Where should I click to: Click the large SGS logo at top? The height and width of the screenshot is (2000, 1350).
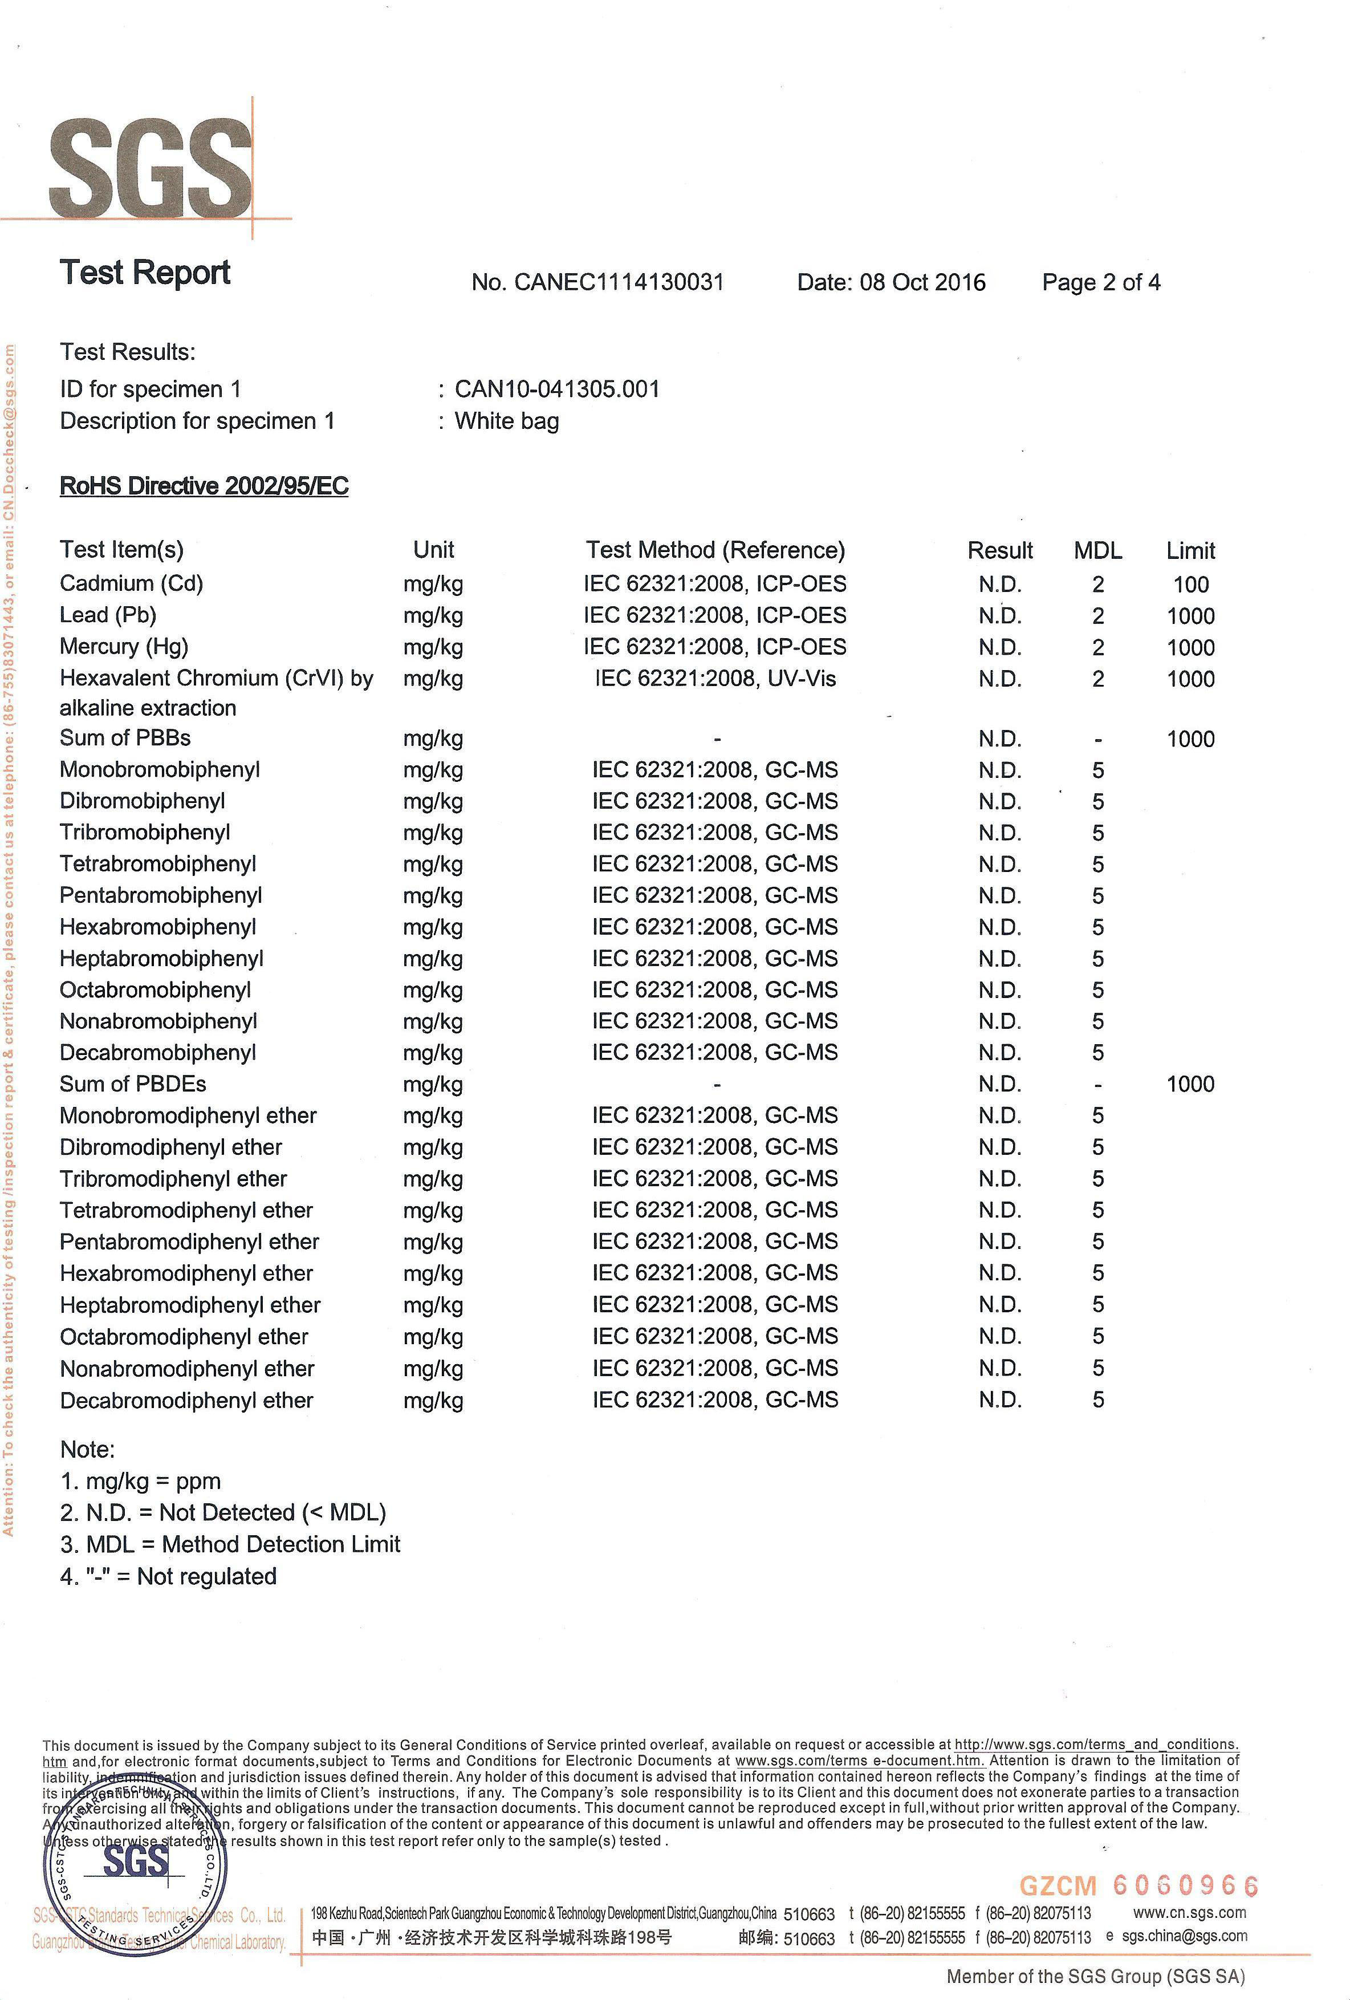151,168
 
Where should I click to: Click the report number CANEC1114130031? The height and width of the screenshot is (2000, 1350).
618,282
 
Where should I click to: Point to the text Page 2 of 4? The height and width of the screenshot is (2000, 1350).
1100,282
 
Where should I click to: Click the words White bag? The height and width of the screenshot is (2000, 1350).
507,421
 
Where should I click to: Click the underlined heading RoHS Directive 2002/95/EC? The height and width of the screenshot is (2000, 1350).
204,486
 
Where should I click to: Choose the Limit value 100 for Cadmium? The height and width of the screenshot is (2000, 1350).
1190,585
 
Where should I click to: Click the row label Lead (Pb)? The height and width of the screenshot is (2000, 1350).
108,615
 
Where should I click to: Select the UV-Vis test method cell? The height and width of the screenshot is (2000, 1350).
714,679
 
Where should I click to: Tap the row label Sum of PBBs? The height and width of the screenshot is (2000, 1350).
125,739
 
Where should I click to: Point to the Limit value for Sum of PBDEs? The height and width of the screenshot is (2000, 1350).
1190,1084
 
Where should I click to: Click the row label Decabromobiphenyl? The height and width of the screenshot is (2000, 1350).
158,1053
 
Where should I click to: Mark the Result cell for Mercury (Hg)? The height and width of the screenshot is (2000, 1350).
999,647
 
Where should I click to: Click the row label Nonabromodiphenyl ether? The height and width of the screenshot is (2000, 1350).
188,1368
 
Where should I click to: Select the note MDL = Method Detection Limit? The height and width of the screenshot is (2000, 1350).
230,1544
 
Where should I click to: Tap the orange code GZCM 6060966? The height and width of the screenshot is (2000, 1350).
1138,1885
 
